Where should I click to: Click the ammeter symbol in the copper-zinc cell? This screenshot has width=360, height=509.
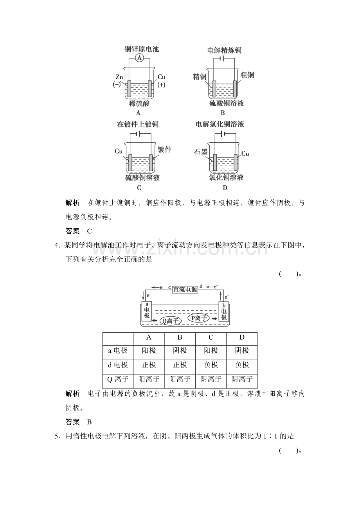(139, 58)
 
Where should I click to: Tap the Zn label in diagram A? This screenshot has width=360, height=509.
(119, 77)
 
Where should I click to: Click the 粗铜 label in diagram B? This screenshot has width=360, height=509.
(247, 75)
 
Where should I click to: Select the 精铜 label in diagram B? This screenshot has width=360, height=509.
(200, 77)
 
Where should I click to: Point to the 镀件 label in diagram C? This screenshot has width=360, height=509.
(164, 149)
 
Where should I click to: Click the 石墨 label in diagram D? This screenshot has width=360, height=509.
(201, 152)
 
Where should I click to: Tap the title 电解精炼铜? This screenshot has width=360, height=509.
(224, 50)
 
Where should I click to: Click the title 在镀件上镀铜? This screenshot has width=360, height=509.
(138, 124)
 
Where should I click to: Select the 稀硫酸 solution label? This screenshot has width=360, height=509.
(139, 104)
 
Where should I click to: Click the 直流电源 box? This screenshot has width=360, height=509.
(185, 289)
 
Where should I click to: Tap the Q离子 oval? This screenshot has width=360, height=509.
(170, 321)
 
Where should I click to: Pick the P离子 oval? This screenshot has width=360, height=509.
(198, 318)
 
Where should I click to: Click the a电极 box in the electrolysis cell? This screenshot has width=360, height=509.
(147, 311)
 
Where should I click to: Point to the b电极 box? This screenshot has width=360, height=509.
(224, 311)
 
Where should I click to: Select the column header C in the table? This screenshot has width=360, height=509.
(211, 337)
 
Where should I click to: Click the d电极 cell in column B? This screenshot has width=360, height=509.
(180, 365)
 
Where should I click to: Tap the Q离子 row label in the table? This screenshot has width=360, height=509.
(118, 379)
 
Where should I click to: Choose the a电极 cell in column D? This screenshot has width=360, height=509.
(242, 350)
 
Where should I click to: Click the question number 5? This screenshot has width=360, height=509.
(56, 436)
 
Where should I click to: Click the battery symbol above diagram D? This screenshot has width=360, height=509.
(223, 133)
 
